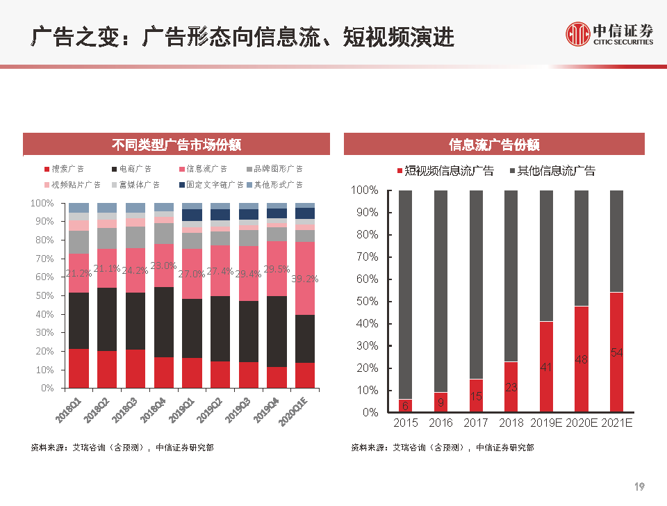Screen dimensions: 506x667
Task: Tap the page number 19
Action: [640, 486]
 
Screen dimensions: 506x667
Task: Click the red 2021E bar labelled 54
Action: [616, 352]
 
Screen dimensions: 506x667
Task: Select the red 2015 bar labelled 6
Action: [405, 405]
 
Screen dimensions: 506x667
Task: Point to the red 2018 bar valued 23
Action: [511, 386]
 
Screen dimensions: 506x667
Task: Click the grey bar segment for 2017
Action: [476, 284]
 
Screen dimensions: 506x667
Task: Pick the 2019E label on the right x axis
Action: [546, 423]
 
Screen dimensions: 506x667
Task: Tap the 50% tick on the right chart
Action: [365, 302]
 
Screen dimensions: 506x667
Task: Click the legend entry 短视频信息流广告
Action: [445, 171]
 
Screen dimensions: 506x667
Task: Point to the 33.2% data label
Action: [304, 279]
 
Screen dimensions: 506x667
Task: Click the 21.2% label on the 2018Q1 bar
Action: [79, 273]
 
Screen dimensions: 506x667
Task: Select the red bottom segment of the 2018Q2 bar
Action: [107, 369]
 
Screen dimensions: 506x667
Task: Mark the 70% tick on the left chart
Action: [42, 259]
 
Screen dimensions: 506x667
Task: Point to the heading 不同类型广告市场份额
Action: [176, 145]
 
